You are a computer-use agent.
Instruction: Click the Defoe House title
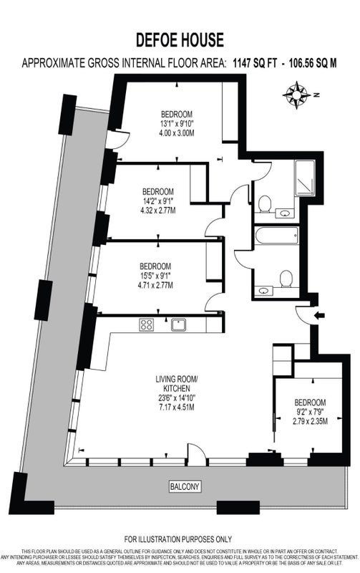[x=180, y=40]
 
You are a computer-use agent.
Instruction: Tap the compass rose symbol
[x=296, y=95]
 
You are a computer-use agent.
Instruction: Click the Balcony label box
[x=185, y=486]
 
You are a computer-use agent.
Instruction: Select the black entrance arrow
[x=318, y=315]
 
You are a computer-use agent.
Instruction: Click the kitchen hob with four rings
[x=146, y=325]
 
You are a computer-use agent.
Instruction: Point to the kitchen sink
[x=178, y=324]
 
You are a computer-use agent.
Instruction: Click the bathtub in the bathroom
[x=277, y=236]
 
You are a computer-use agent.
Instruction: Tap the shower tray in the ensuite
[x=304, y=178]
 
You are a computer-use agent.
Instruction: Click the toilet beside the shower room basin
[x=265, y=204]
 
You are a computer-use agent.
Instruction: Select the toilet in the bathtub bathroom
[x=286, y=279]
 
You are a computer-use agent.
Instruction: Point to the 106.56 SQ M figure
[x=313, y=63]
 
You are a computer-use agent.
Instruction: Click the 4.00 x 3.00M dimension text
[x=176, y=133]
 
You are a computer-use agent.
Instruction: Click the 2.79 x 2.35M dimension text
[x=310, y=421]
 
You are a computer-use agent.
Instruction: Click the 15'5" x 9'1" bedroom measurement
[x=155, y=276]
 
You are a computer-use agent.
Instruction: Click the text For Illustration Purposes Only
[x=177, y=539]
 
